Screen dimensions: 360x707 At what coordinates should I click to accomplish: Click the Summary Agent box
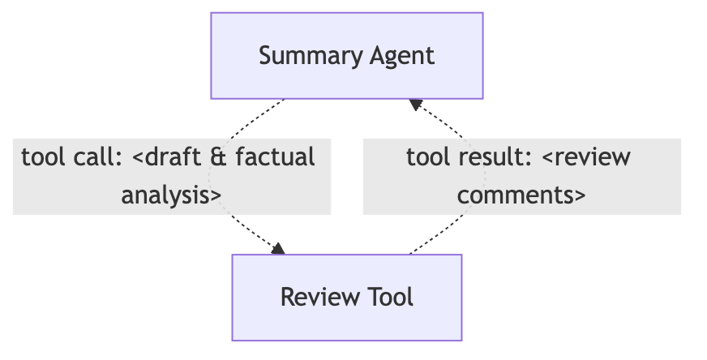pyautogui.click(x=347, y=56)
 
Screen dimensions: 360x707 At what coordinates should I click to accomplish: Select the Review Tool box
pyautogui.click(x=347, y=297)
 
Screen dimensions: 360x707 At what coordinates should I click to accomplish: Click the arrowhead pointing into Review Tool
pyautogui.click(x=280, y=249)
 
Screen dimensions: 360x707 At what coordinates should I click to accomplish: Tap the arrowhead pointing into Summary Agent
pyautogui.click(x=415, y=104)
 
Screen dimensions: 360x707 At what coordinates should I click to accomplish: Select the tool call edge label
pyautogui.click(x=171, y=176)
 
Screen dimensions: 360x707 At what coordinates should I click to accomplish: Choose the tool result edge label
pyautogui.click(x=521, y=176)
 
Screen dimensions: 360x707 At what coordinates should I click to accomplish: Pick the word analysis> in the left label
pyautogui.click(x=171, y=195)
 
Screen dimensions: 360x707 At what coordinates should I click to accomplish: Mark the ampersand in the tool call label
pyautogui.click(x=216, y=156)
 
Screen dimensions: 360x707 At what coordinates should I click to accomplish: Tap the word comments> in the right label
pyautogui.click(x=521, y=195)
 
